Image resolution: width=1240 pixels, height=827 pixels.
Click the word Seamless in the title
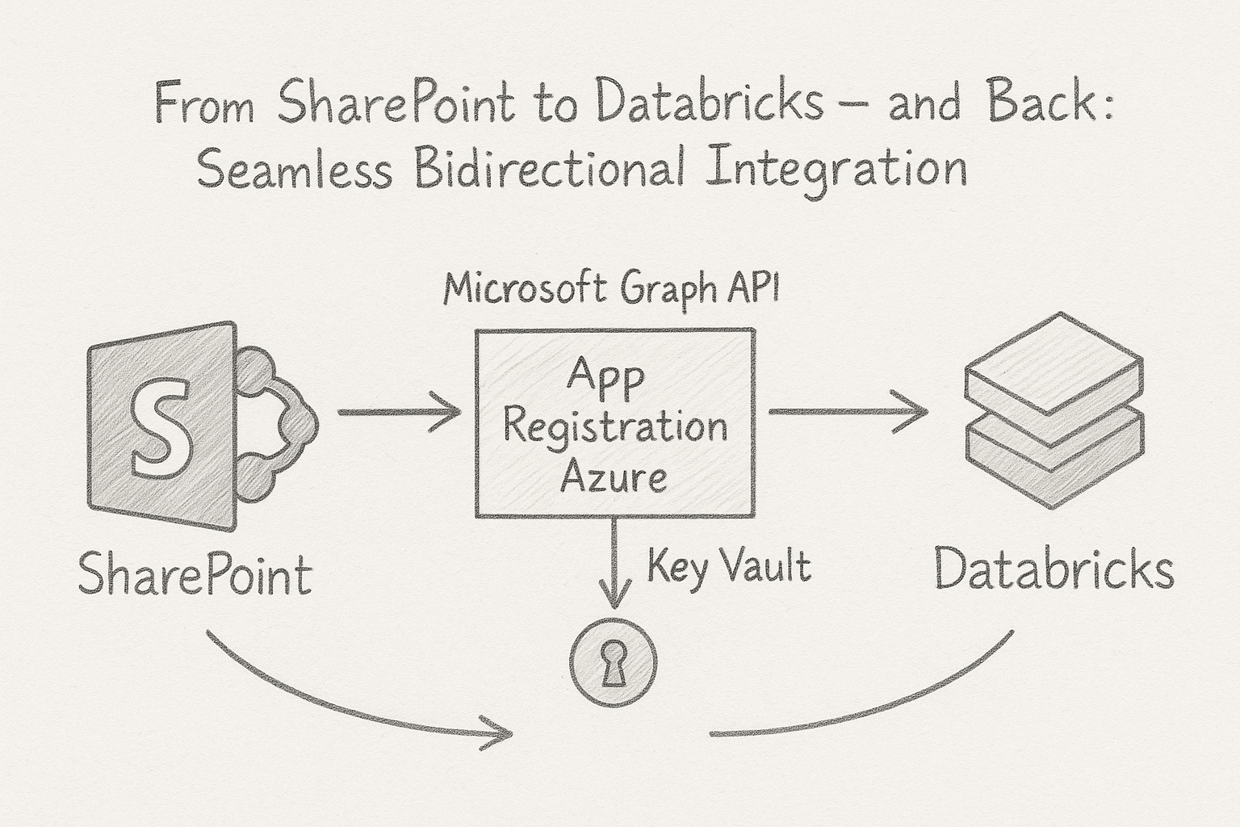point(295,171)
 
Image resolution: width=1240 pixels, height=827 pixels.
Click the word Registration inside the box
point(615,428)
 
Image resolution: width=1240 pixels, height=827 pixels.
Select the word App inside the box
point(605,378)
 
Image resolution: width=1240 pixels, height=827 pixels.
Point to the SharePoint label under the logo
point(195,575)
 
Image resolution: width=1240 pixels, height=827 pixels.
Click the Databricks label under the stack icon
point(1054,570)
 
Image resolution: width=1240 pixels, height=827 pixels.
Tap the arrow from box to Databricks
point(848,412)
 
